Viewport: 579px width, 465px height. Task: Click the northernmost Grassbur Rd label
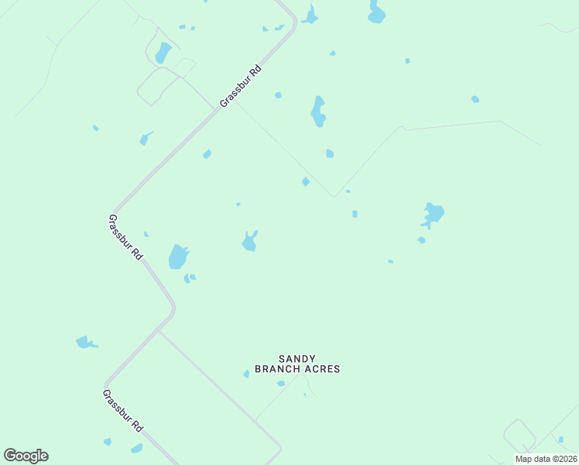click(241, 86)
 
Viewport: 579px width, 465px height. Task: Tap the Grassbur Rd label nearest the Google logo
click(123, 411)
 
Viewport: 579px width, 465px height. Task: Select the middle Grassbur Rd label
click(125, 237)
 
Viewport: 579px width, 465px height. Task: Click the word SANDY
click(297, 358)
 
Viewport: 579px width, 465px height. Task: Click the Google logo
click(26, 456)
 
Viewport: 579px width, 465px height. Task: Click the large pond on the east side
click(433, 213)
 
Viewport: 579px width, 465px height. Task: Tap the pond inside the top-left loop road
click(163, 53)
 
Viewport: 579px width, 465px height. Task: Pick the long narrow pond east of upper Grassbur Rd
click(318, 112)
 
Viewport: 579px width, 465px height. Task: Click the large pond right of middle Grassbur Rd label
click(179, 257)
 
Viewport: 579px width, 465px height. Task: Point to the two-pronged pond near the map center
click(249, 242)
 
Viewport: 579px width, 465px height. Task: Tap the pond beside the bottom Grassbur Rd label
click(137, 448)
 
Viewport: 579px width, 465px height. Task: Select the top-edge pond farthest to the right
click(376, 12)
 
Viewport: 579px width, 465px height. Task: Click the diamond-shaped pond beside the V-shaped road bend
click(306, 181)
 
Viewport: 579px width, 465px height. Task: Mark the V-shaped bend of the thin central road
click(334, 195)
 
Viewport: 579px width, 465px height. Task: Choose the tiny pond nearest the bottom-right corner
click(560, 439)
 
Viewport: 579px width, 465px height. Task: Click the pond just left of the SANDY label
click(247, 374)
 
